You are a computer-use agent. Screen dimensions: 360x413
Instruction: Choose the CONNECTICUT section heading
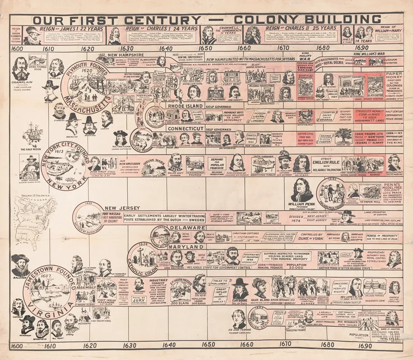(x=185, y=129)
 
